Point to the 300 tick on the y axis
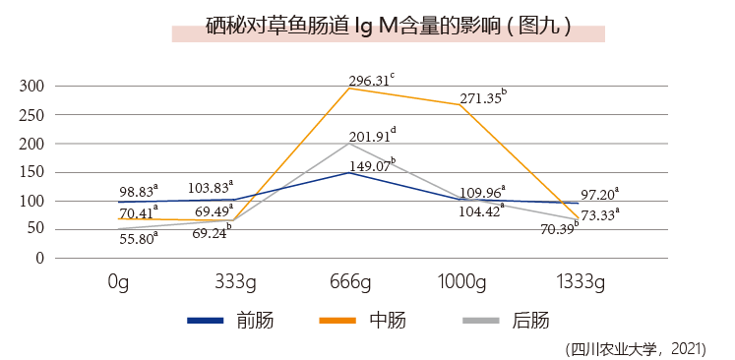click(x=33, y=87)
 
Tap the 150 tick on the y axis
click(x=33, y=172)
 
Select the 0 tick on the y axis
click(x=39, y=259)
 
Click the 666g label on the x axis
click(x=349, y=282)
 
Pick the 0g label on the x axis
click(x=119, y=282)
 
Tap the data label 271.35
click(x=481, y=97)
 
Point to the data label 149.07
click(x=371, y=164)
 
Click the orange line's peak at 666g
click(x=349, y=89)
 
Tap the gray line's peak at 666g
click(x=349, y=143)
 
